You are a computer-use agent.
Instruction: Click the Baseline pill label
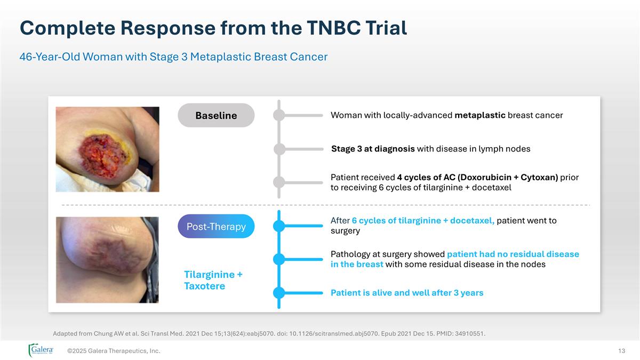(216, 115)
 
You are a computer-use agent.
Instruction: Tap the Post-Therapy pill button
(216, 226)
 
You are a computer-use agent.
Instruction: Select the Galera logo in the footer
(41, 350)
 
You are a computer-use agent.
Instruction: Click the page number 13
(621, 350)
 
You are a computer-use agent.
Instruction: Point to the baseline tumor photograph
(108, 149)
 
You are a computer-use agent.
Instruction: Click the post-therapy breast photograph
(108, 260)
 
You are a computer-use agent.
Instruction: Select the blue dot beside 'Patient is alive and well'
(279, 293)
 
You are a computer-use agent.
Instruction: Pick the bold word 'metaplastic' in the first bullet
(480, 115)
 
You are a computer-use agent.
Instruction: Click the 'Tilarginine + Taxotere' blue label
(213, 280)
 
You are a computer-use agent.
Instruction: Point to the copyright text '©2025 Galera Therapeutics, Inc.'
(114, 350)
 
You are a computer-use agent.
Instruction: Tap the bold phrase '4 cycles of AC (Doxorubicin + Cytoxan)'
(477, 177)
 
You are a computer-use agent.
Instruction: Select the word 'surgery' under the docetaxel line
(345, 231)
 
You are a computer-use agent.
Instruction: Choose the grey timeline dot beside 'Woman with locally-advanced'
(279, 115)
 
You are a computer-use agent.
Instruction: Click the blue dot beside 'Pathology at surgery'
(279, 259)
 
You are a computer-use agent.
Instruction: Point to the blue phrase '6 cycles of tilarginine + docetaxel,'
(423, 220)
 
